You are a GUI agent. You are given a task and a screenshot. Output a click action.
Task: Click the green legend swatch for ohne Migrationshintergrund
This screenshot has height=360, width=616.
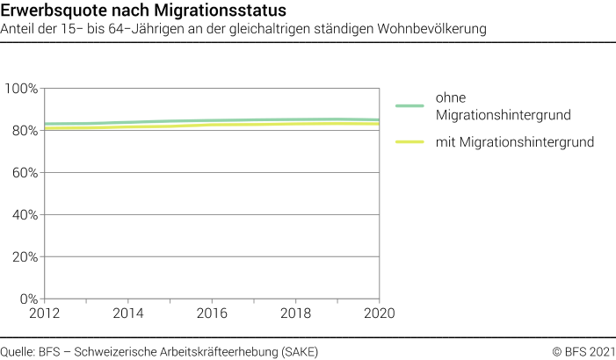pyautogui.click(x=409, y=105)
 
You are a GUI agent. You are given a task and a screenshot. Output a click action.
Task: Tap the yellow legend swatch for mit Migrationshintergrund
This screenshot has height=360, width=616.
pyautogui.click(x=409, y=141)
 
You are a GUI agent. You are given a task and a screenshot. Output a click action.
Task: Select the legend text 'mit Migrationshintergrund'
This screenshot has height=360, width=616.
pyautogui.click(x=514, y=141)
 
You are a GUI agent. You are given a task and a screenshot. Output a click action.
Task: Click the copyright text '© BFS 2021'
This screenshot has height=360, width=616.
pyautogui.click(x=583, y=351)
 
